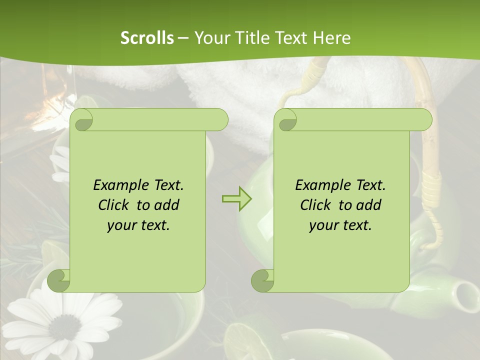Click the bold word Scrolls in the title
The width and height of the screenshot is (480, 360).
click(x=147, y=38)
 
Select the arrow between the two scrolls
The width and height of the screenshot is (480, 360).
click(x=236, y=199)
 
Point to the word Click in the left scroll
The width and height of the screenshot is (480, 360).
click(x=113, y=205)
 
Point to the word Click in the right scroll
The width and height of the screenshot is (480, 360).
click(x=315, y=205)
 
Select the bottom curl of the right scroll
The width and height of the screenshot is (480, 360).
click(x=263, y=280)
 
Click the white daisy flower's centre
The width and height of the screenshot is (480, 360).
click(x=64, y=327)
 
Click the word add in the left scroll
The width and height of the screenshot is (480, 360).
click(x=167, y=205)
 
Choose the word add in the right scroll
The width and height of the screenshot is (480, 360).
click(x=369, y=205)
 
